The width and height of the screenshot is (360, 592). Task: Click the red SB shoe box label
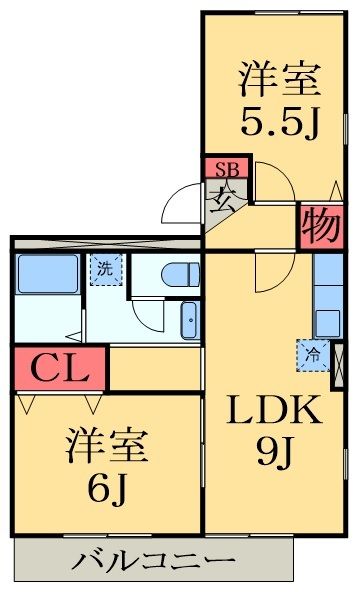click(x=228, y=168)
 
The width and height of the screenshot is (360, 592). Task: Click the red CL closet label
click(x=57, y=369)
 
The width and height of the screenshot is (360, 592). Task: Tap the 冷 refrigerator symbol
click(x=312, y=353)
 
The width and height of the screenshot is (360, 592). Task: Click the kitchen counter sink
click(x=328, y=323)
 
